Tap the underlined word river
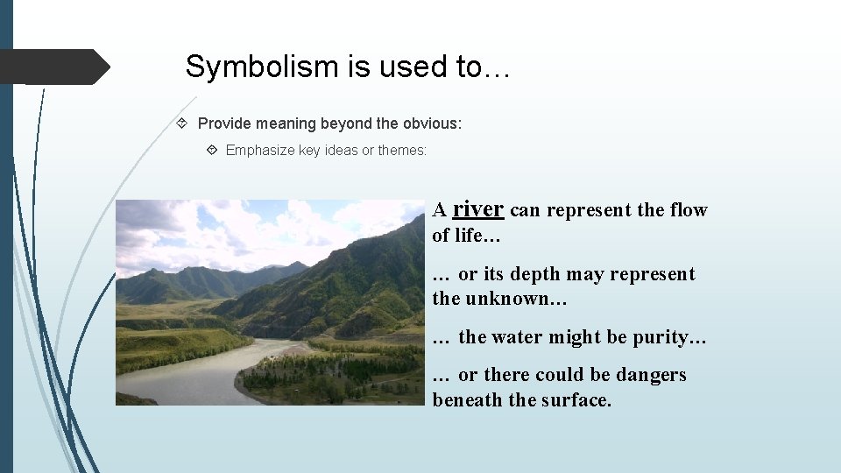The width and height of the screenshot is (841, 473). point(477,209)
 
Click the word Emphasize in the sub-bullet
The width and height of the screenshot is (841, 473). point(260,151)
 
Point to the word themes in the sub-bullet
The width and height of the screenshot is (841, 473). point(400,151)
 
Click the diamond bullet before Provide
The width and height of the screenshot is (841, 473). point(182,124)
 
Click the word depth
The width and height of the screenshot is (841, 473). point(534,274)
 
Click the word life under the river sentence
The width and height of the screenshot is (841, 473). point(469,236)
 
